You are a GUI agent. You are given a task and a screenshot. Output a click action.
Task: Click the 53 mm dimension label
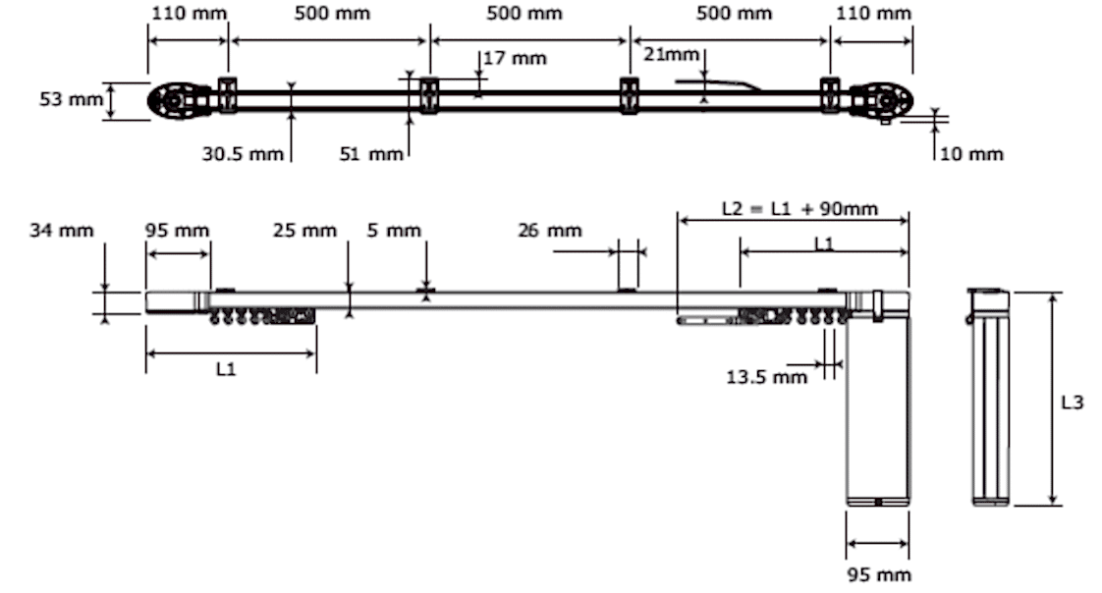click(x=71, y=99)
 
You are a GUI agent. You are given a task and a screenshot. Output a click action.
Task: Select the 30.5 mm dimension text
click(x=244, y=153)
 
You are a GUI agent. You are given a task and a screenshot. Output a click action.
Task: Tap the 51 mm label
click(x=371, y=153)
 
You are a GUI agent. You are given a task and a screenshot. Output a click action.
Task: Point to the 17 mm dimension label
click(x=516, y=58)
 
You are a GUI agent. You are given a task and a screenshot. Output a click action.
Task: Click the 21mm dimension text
click(x=671, y=54)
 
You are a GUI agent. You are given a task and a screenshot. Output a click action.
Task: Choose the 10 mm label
click(x=971, y=153)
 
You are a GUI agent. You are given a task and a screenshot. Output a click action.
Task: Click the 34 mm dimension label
click(x=62, y=230)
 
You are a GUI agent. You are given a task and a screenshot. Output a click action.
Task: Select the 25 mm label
click(x=305, y=230)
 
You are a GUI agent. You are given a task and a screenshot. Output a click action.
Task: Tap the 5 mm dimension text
click(x=394, y=230)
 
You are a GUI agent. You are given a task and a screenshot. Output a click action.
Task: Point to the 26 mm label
click(x=550, y=230)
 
